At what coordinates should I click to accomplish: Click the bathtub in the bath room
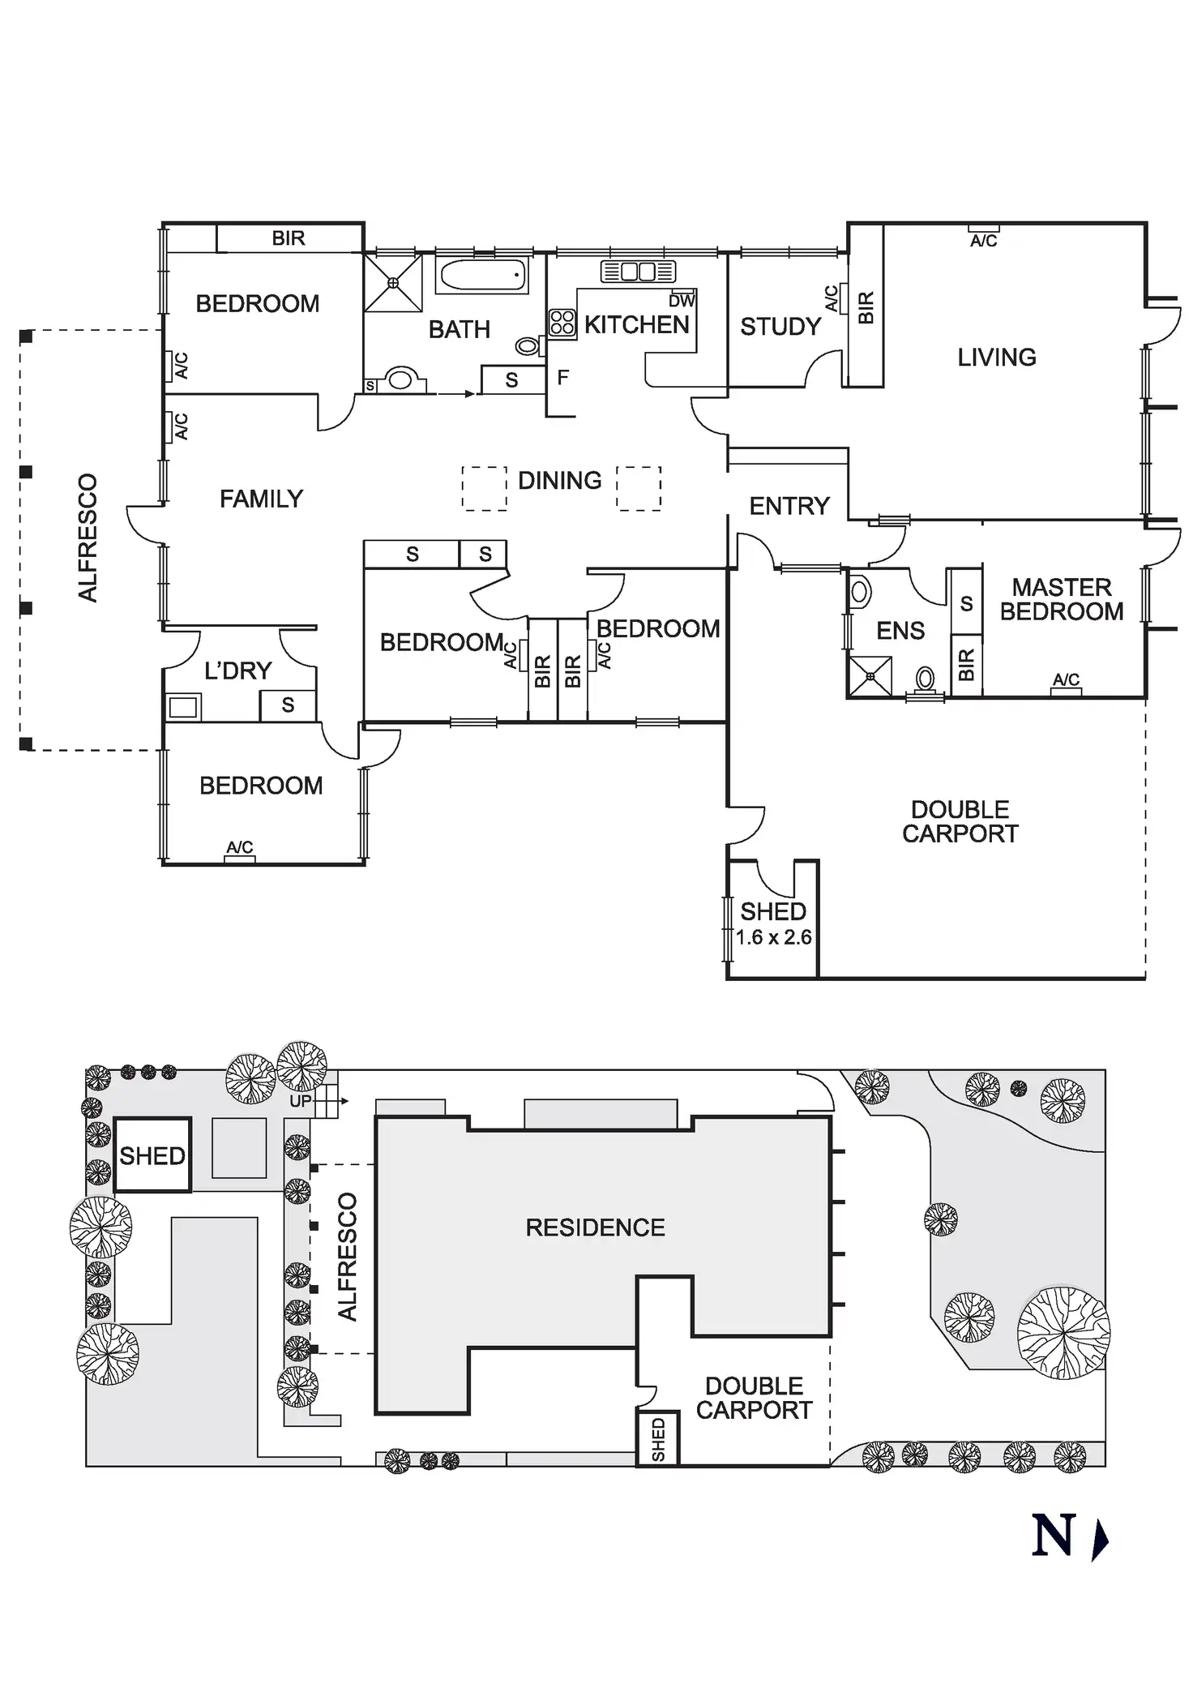point(482,276)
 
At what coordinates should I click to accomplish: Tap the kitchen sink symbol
point(638,272)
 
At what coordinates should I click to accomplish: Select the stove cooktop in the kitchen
point(562,323)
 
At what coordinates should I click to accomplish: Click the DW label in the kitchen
point(682,301)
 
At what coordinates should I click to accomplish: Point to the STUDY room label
point(780,327)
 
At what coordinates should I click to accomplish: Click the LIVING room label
point(996,358)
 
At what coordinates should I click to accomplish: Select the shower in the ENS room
point(870,676)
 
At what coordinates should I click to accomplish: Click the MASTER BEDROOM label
point(1061,599)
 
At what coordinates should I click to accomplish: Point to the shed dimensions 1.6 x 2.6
point(773,937)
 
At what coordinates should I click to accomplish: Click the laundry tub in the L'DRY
point(183,706)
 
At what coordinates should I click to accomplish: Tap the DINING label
point(559,481)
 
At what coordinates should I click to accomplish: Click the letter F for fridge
point(562,377)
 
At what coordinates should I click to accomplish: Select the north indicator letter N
point(1053,1535)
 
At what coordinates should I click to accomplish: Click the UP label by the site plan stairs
point(300,1102)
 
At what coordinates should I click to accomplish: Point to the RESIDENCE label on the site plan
point(595,1227)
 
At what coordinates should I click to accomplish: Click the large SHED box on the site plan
point(152,1155)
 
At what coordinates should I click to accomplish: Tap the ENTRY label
point(789,507)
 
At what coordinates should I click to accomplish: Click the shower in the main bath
point(393,282)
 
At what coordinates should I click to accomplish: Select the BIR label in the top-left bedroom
point(289,238)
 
